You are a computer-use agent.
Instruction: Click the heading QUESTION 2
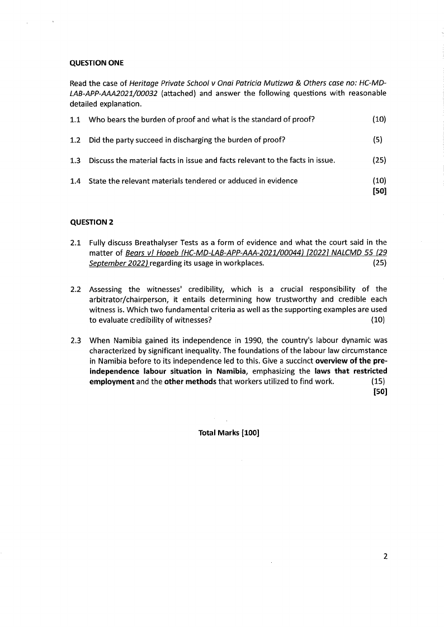pyautogui.click(x=92, y=222)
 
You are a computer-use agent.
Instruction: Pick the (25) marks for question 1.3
pyautogui.click(x=379, y=161)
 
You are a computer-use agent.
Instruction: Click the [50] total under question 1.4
pyautogui.click(x=379, y=191)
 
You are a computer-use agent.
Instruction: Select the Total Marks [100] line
pyautogui.click(x=229, y=433)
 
